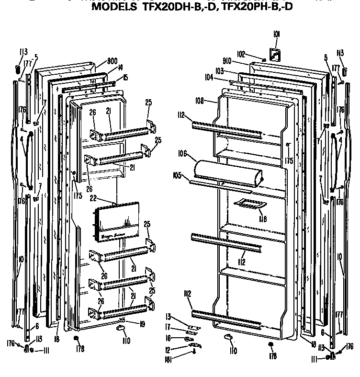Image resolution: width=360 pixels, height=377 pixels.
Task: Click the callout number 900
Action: [x=112, y=61]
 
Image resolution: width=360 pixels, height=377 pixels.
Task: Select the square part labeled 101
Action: [x=275, y=55]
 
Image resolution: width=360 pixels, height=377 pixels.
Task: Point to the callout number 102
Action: [x=241, y=54]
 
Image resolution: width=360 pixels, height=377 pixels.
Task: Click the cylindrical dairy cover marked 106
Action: [x=227, y=173]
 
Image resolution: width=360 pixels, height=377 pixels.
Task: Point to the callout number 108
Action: [x=200, y=101]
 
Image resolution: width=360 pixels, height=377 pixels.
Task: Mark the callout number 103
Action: [x=220, y=70]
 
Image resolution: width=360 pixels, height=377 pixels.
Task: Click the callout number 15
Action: [x=125, y=78]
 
